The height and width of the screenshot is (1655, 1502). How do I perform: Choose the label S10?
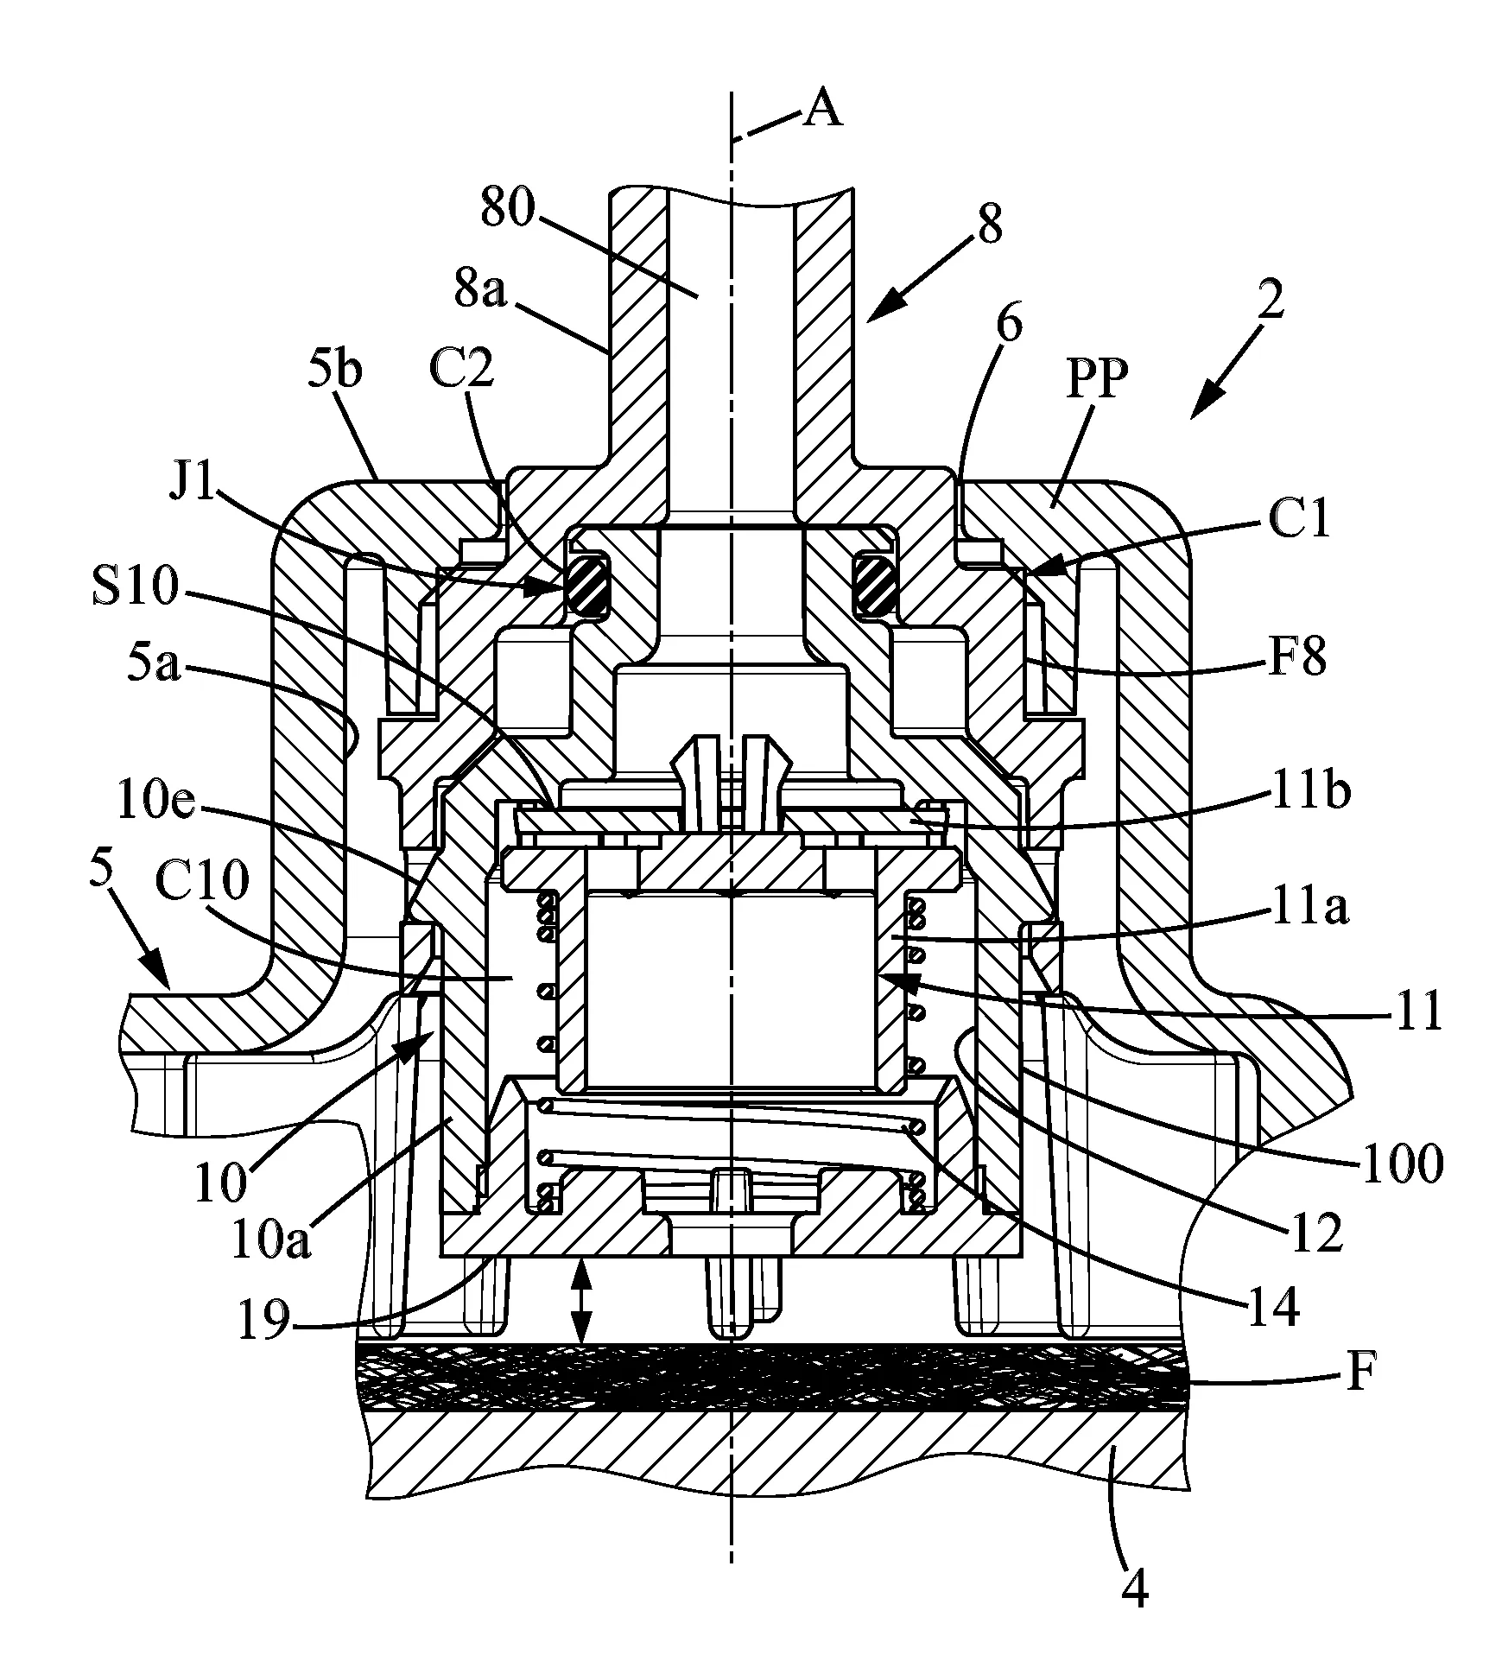point(133,587)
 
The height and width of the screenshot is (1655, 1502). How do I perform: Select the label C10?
point(203,882)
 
